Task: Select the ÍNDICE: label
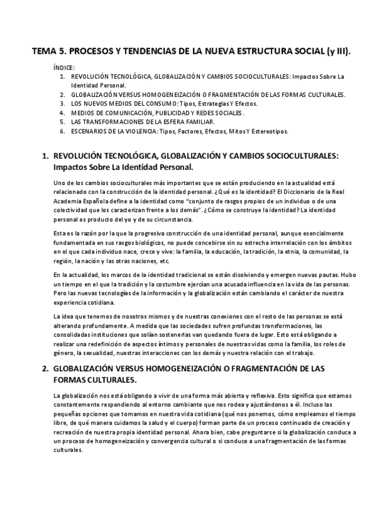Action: coord(64,67)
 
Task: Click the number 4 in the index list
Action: coord(62,112)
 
